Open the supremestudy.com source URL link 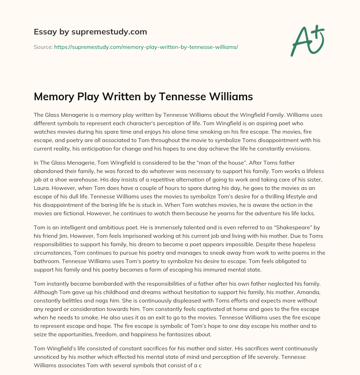[146, 47]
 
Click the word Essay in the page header [43, 32]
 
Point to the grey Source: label [43, 47]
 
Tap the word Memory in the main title [56, 97]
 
